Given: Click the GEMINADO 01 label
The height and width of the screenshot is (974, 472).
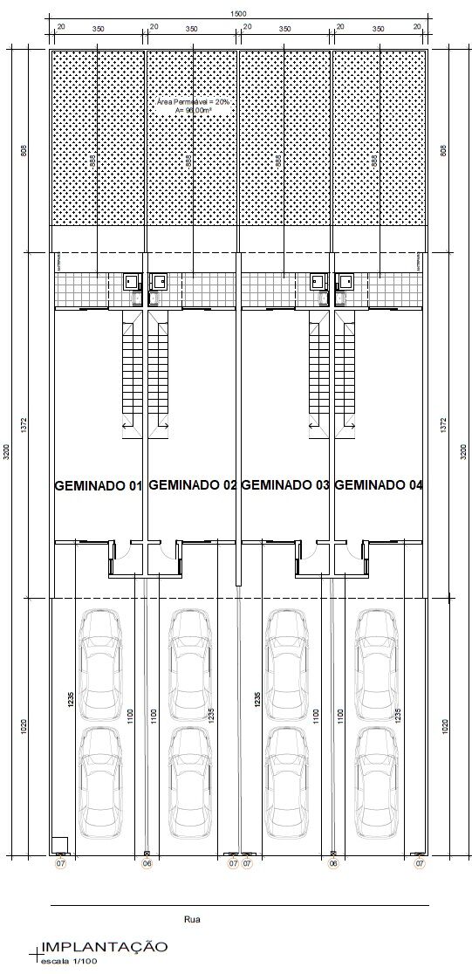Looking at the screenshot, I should tap(98, 486).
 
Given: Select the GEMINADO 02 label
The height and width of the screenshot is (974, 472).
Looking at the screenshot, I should tap(193, 485).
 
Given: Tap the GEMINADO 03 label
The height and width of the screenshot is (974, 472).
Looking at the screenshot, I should tap(284, 485).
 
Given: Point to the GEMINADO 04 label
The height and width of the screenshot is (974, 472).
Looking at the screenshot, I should tap(379, 485).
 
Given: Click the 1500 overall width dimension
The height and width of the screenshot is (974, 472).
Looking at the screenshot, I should tap(237, 13).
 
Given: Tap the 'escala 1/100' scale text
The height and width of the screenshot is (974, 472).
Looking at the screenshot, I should tap(65, 961).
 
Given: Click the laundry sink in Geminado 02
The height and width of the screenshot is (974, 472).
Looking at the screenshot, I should tap(160, 282).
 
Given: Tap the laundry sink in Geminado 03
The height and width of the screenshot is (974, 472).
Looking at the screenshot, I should tap(318, 282).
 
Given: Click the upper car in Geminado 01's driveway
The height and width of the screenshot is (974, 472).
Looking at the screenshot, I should tap(99, 663).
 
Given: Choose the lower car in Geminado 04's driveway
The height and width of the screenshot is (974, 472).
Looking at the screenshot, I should tap(377, 781).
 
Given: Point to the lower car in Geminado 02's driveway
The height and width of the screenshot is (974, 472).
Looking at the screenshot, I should tap(189, 781).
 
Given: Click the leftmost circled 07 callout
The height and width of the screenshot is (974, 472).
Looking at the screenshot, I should tap(60, 863).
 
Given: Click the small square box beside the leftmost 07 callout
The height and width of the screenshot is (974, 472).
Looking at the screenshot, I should tap(59, 844).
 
